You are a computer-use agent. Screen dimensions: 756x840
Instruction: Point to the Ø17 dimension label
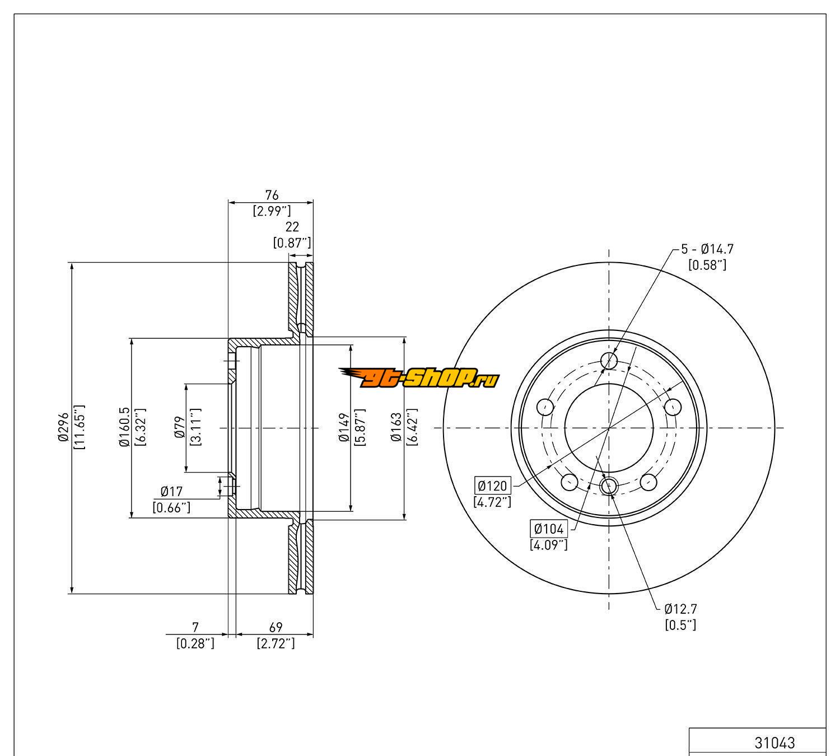[171, 492]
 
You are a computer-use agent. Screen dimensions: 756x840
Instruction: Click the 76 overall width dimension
[272, 195]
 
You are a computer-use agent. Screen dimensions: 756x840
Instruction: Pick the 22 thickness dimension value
[292, 227]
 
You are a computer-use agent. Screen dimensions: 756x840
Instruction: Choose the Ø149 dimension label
[344, 428]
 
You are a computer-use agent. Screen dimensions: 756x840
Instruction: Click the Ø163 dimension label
[396, 428]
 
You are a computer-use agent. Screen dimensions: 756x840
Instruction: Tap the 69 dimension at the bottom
[276, 627]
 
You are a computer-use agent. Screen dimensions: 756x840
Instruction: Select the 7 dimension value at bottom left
[195, 627]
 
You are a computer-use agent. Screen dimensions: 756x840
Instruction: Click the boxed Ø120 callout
[492, 485]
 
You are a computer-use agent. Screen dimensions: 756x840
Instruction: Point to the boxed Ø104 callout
[548, 528]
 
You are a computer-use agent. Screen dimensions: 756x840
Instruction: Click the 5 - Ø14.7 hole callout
[707, 249]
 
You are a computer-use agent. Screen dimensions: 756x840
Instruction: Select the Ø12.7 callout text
[680, 608]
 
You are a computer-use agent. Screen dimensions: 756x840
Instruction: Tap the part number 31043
[774, 743]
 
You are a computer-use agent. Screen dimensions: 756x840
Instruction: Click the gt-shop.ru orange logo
[419, 379]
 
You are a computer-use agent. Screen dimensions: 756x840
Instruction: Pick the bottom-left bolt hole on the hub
[569, 481]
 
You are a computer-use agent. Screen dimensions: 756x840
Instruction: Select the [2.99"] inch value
[272, 211]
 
